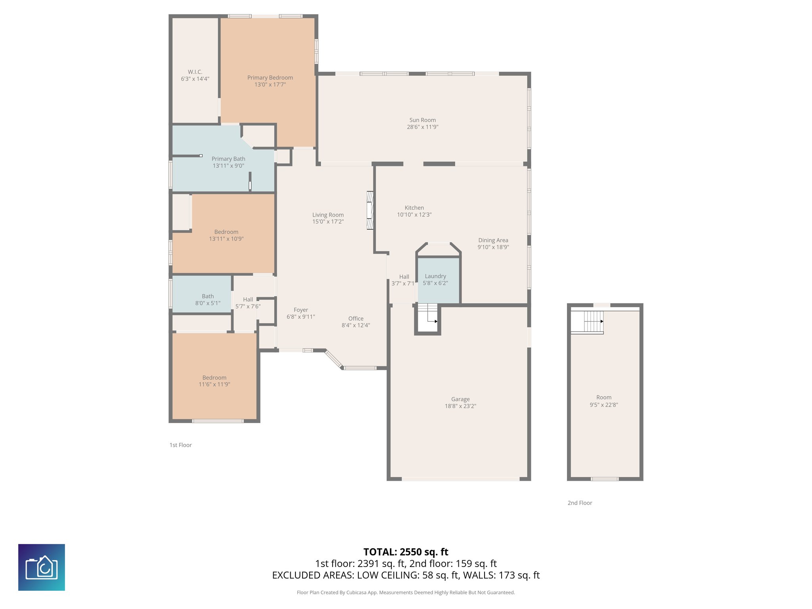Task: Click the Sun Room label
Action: click(x=422, y=120)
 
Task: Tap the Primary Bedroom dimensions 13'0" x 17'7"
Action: click(x=270, y=84)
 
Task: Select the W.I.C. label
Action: click(x=195, y=72)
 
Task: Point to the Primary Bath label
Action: click(x=228, y=159)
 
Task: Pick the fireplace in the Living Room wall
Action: click(x=370, y=210)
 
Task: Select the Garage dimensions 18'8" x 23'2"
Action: click(x=460, y=406)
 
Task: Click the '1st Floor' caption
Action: click(x=180, y=445)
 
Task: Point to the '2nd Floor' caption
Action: click(x=580, y=503)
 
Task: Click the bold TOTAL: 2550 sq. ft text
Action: click(x=406, y=552)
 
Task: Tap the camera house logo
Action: click(x=42, y=567)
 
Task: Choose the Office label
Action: click(x=356, y=318)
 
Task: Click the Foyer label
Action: click(x=301, y=310)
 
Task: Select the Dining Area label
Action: click(x=493, y=240)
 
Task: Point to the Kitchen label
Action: click(x=414, y=207)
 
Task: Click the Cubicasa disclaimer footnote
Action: click(x=406, y=592)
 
